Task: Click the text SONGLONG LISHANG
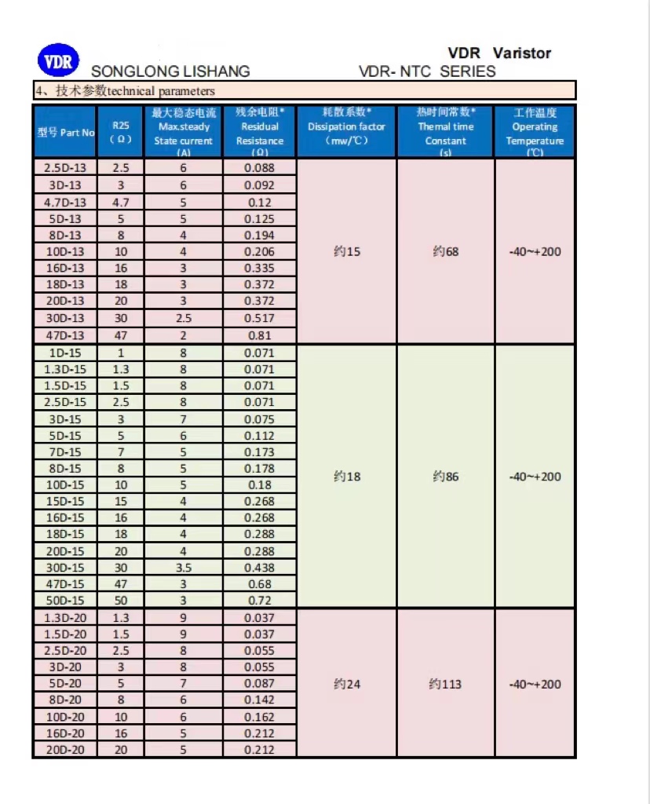pyautogui.click(x=170, y=71)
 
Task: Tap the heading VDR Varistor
pyautogui.click(x=499, y=53)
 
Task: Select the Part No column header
pyautogui.click(x=65, y=133)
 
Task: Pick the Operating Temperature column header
pyautogui.click(x=535, y=132)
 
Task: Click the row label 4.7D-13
pyautogui.click(x=65, y=202)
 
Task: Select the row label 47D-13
pyautogui.click(x=65, y=335)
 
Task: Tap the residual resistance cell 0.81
pyautogui.click(x=260, y=335)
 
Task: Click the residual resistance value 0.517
pyautogui.click(x=260, y=318)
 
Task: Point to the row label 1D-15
pyautogui.click(x=65, y=353)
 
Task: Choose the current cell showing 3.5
pyautogui.click(x=183, y=568)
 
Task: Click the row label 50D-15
pyautogui.click(x=65, y=601)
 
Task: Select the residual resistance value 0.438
pyautogui.click(x=260, y=568)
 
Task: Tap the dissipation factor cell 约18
pyautogui.click(x=347, y=477)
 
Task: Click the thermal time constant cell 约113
pyautogui.click(x=445, y=684)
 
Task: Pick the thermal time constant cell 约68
pyautogui.click(x=445, y=252)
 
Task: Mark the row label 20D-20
pyautogui.click(x=65, y=749)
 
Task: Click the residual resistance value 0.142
pyautogui.click(x=260, y=700)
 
